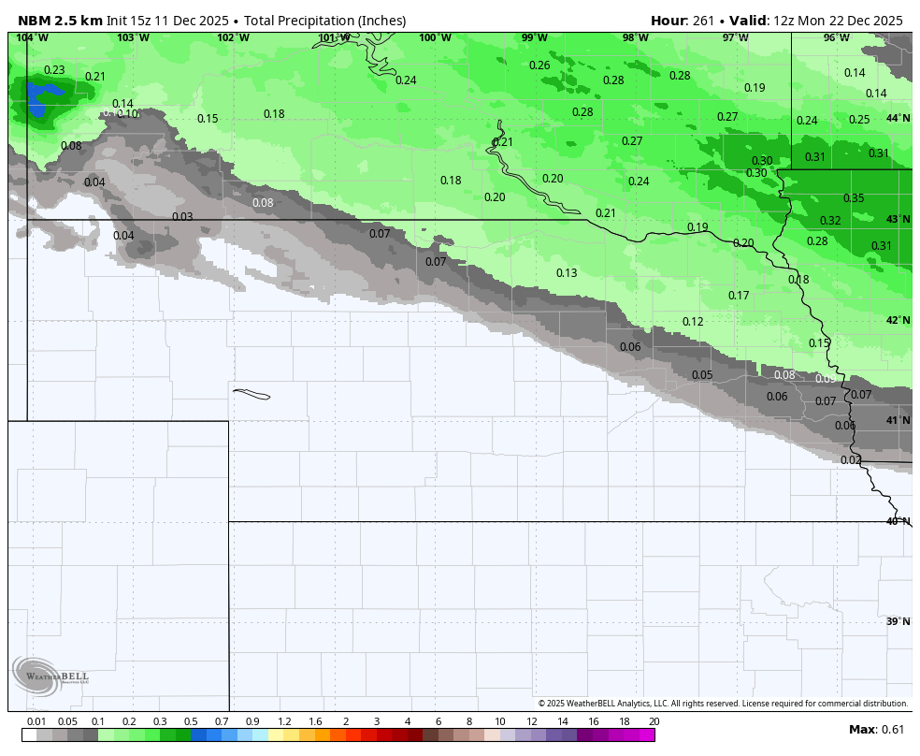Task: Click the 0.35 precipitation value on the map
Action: point(854,198)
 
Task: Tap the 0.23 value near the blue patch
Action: point(54,70)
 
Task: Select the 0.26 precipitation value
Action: point(539,65)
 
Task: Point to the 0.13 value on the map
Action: point(567,273)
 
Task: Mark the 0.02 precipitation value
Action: point(851,460)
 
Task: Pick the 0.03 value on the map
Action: point(182,217)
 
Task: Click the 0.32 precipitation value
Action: point(830,221)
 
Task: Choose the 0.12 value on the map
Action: point(693,322)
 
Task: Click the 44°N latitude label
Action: point(898,119)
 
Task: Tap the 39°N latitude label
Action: point(898,622)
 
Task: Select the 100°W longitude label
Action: point(435,38)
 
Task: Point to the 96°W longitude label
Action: point(836,38)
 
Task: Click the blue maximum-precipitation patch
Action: point(40,97)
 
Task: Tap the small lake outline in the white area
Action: point(251,394)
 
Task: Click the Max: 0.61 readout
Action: point(876,730)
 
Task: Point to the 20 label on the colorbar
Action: point(654,721)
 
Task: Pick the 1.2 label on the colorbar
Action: point(284,721)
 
